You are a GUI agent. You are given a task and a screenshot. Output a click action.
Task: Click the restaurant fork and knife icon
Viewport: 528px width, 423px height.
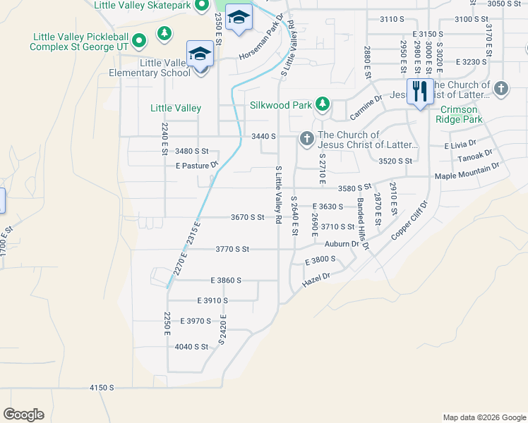click(x=420, y=91)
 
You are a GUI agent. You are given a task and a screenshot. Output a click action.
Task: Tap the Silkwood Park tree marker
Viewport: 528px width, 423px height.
click(x=323, y=104)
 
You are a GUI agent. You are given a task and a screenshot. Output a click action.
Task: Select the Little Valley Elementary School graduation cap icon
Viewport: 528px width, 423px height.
click(x=200, y=54)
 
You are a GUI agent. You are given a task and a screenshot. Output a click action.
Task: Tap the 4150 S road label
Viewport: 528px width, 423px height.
click(x=102, y=388)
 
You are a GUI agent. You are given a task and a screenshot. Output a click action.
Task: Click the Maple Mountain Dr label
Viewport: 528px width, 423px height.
click(x=467, y=171)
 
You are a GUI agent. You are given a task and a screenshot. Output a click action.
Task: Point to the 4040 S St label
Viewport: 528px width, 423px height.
click(x=191, y=346)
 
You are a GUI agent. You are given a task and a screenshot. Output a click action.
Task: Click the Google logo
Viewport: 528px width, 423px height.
click(x=23, y=415)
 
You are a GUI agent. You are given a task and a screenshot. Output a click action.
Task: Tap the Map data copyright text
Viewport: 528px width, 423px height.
click(x=484, y=417)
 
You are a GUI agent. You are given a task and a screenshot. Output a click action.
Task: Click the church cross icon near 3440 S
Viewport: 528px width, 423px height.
click(x=307, y=137)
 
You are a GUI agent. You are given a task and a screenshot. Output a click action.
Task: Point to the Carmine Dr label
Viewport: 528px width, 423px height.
click(x=365, y=107)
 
